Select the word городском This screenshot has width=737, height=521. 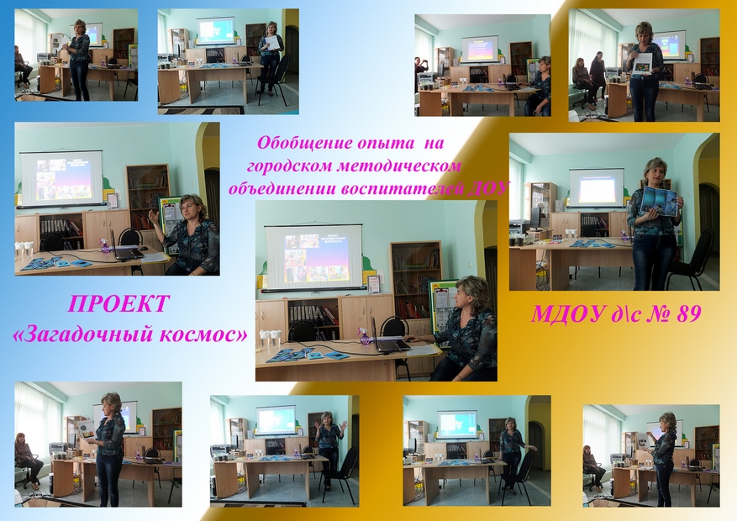point(288,166)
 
